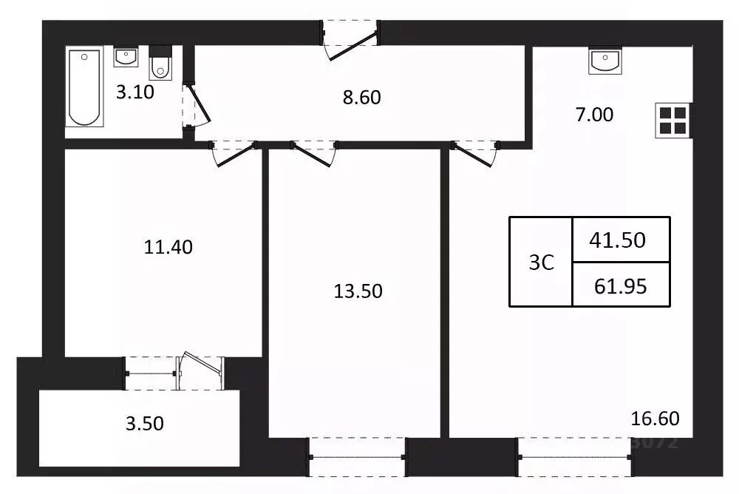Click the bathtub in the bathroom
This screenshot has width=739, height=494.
pos(84,87)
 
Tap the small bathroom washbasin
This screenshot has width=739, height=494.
pos(125,57)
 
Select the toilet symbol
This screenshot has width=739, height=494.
pos(159,63)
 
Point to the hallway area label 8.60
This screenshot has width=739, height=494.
pos(362,96)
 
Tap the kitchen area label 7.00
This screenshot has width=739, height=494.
pos(594,115)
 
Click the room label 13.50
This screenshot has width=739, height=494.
pos(358,291)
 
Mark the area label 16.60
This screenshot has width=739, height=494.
pos(655,419)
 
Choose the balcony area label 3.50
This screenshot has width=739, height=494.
pos(144,424)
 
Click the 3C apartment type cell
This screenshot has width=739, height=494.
pos(541,262)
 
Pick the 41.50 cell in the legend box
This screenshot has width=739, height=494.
pos(621,240)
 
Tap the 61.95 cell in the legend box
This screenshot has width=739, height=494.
pos(621,285)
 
